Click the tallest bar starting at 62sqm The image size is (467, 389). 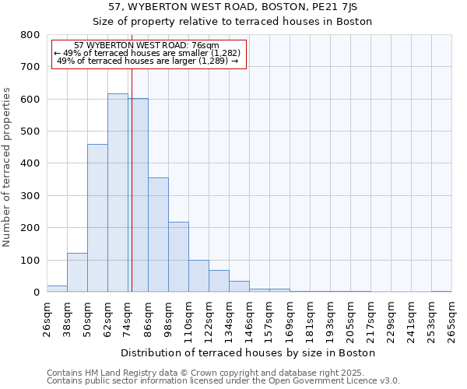pos(118,193)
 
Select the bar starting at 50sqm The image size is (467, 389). pos(97,218)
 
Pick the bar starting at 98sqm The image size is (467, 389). pos(178,257)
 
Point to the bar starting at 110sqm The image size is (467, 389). pos(198,276)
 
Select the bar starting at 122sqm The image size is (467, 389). pos(219,281)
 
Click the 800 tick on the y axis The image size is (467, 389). pos(31,35)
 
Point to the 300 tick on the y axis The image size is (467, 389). pos(31,196)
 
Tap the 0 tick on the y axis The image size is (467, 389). pos(37,293)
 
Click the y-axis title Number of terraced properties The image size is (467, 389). pos(8,166)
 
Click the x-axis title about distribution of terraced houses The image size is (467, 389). pos(249,352)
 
